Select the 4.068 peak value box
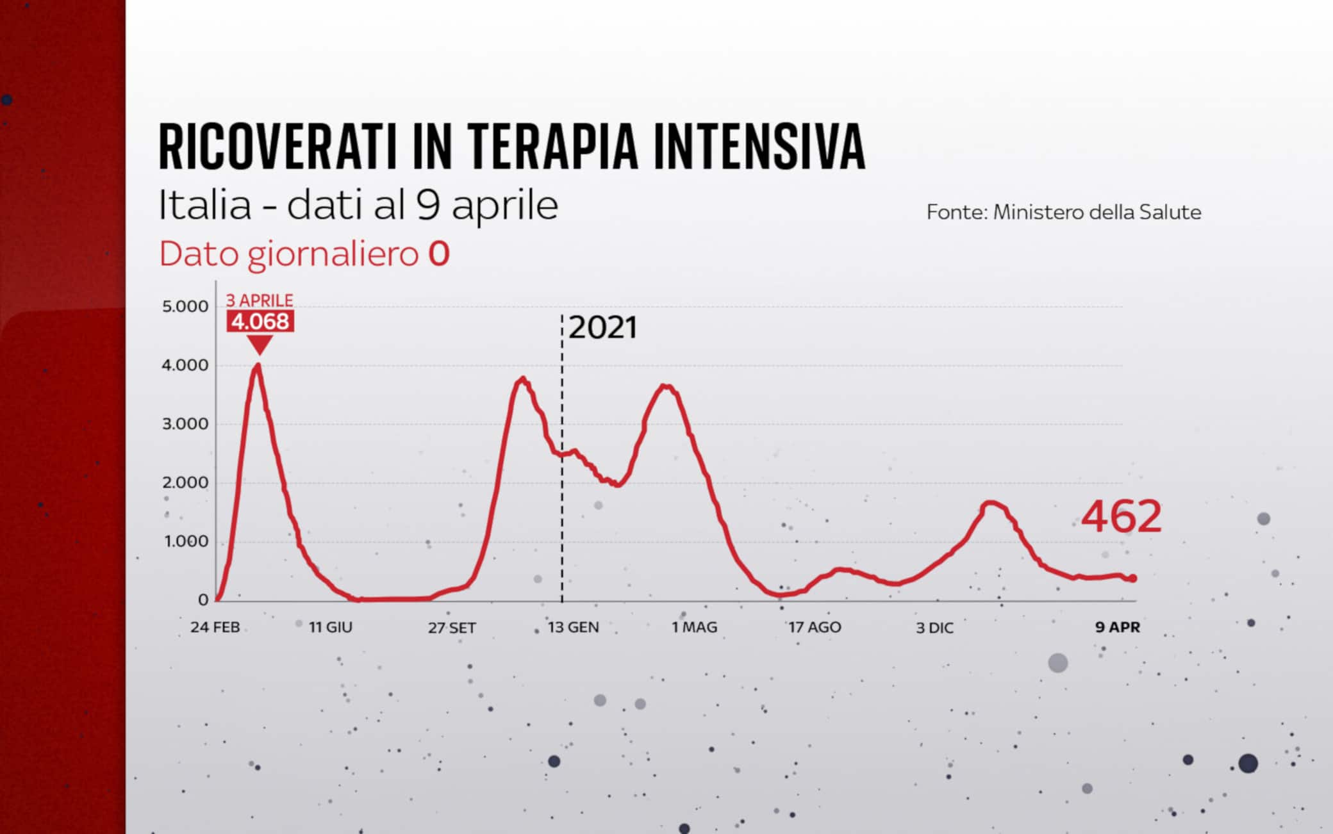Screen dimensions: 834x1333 [260, 322]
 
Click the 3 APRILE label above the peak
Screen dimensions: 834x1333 [260, 300]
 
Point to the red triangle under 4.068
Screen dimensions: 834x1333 [260, 345]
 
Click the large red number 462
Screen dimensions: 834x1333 [1121, 517]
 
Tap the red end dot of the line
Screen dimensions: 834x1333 [1133, 578]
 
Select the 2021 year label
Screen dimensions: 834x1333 [602, 328]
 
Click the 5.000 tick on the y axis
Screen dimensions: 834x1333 [185, 307]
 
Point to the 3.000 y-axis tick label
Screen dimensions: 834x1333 [185, 424]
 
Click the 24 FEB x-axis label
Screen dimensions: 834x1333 [215, 627]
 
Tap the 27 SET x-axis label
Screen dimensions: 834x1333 [452, 628]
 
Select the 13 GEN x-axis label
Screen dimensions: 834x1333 [573, 627]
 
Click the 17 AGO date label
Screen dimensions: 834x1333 [815, 627]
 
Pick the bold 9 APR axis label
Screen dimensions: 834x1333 [1117, 627]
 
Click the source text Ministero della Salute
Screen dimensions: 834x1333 [1097, 212]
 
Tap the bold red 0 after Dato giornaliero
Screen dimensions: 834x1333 [439, 254]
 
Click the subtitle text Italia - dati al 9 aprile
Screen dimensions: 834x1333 [358, 206]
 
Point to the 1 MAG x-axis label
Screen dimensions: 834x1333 [694, 627]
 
